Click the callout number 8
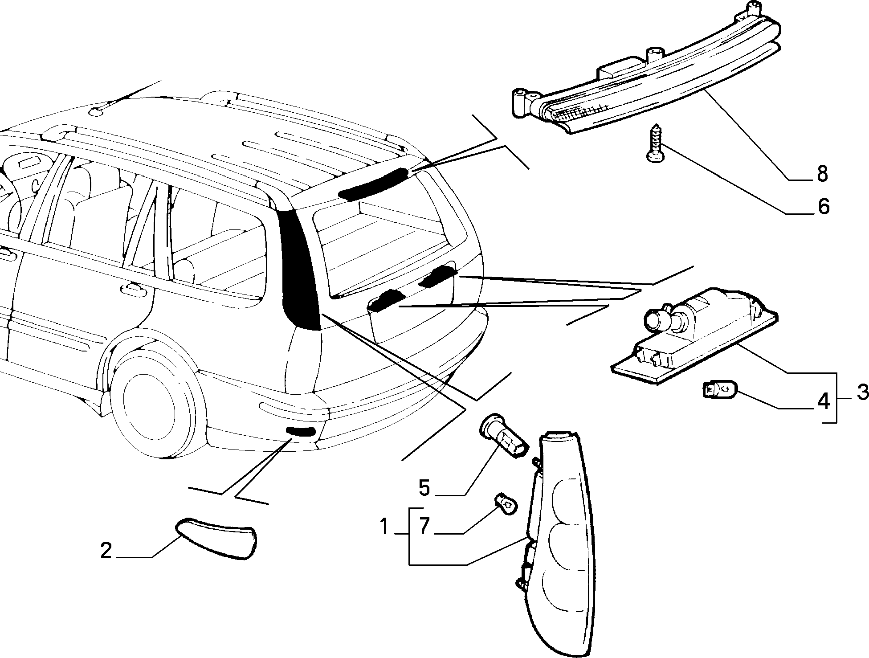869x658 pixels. tap(822, 174)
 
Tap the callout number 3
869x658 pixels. tap(862, 392)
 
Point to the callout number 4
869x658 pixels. tap(824, 401)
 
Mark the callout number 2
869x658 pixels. tap(106, 551)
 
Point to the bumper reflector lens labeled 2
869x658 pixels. tap(217, 538)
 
